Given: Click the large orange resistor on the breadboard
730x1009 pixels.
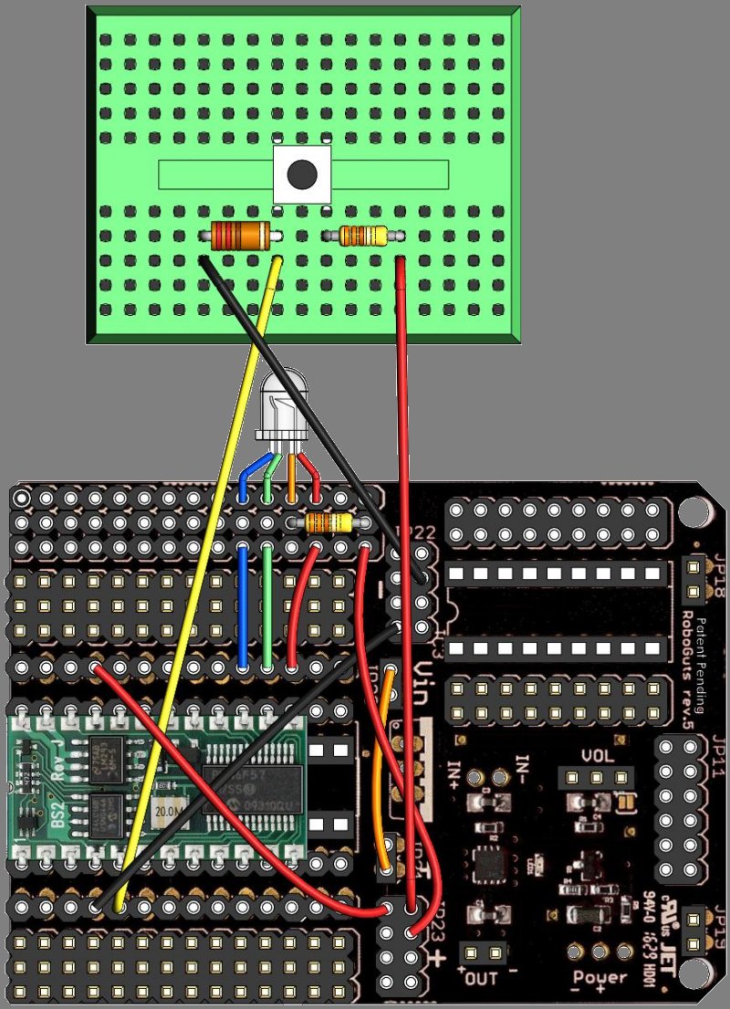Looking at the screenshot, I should coord(242,236).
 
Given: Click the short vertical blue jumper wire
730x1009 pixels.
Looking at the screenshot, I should coord(243,607).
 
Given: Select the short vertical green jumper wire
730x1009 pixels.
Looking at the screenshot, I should coord(266,607).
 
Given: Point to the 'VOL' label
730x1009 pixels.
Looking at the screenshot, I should coord(597,757).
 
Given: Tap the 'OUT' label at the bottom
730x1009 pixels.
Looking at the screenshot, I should coord(481,980).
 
